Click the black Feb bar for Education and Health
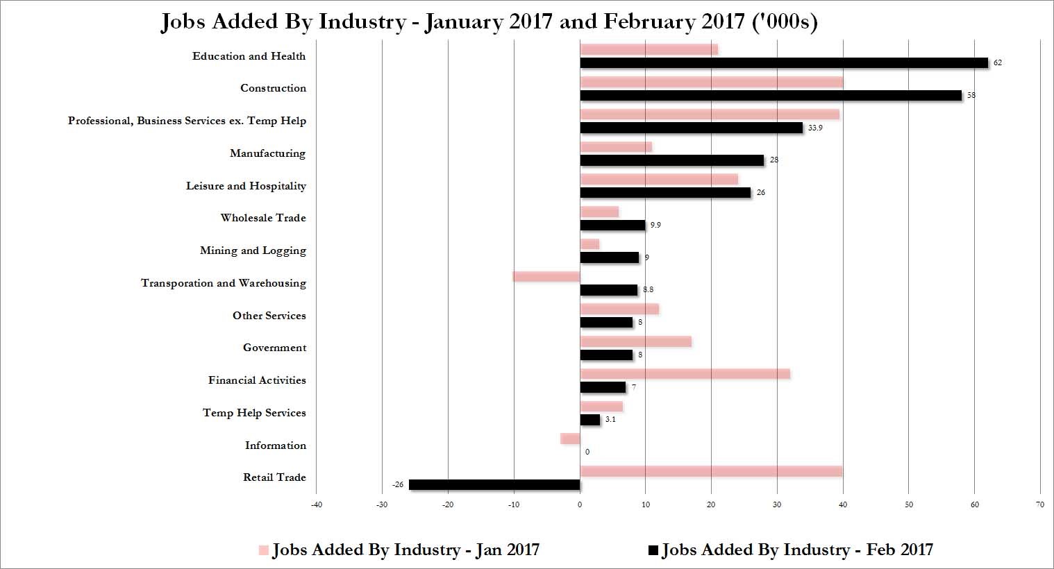tap(784, 62)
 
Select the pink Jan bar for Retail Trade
tap(711, 471)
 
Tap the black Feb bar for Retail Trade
tap(494, 485)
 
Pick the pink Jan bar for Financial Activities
tap(685, 374)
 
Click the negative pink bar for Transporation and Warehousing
tap(546, 276)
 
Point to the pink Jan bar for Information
tap(570, 439)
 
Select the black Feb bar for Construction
tap(771, 96)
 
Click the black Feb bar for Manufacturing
tap(672, 160)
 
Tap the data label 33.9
tap(815, 128)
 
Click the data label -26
tap(398, 484)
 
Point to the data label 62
tap(998, 62)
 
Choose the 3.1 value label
tap(610, 419)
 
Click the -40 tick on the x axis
tap(317, 505)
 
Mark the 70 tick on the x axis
tap(1040, 505)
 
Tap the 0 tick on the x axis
tap(580, 505)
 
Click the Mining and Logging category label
tap(253, 250)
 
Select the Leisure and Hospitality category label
tap(246, 186)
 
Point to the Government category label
tap(275, 348)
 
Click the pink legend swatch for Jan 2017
tap(264, 550)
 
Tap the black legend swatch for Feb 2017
tap(653, 550)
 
